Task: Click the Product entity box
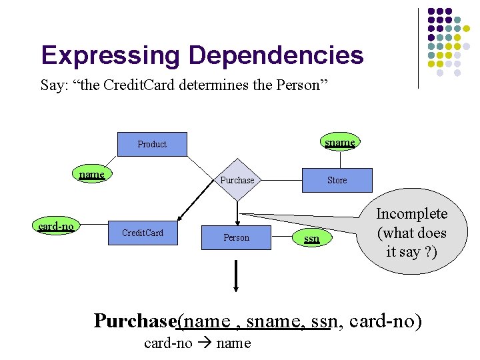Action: pyautogui.click(x=152, y=144)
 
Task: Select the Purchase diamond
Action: pyautogui.click(x=237, y=180)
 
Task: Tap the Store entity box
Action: pyautogui.click(x=337, y=180)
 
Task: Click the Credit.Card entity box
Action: pyautogui.click(x=143, y=233)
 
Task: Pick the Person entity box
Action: pyautogui.click(x=236, y=237)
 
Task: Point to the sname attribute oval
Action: pyautogui.click(x=340, y=142)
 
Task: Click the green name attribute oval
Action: pyautogui.click(x=92, y=175)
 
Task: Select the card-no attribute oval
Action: pyautogui.click(x=56, y=227)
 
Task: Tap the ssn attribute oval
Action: pyautogui.click(x=311, y=238)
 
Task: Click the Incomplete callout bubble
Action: pyautogui.click(x=411, y=233)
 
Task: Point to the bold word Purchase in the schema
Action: pyautogui.click(x=135, y=321)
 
